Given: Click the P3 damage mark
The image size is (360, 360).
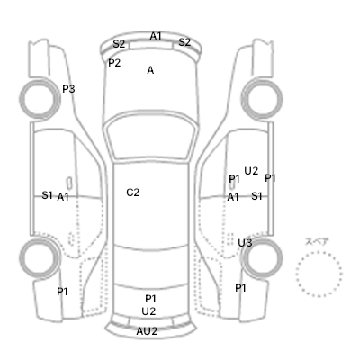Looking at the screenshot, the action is point(68,89).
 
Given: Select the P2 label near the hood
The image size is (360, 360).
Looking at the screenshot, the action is point(114,63).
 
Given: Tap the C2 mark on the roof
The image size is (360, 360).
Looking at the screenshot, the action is point(133,193).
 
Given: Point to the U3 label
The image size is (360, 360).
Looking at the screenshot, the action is point(245,243).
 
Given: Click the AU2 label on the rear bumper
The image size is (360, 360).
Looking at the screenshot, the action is point(147,331).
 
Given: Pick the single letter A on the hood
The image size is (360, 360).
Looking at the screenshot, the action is point(150,70).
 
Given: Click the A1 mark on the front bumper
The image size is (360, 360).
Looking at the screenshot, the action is point(156,36).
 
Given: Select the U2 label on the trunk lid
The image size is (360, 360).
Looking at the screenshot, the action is point(148,311).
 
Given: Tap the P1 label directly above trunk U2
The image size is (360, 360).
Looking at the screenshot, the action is point(150,299).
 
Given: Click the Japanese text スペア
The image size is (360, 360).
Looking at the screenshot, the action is point(317,242).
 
